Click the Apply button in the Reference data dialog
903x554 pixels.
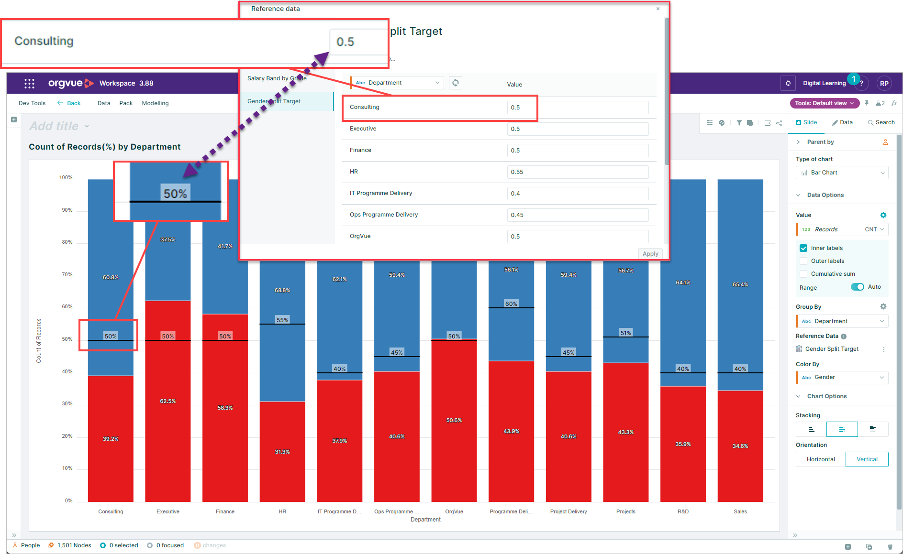click(650, 254)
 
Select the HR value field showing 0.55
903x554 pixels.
click(577, 172)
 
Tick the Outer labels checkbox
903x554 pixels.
click(803, 261)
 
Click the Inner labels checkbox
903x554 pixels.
click(803, 248)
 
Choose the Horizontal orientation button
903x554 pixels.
click(820, 459)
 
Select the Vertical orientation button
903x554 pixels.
click(867, 459)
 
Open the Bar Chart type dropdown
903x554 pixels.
click(842, 173)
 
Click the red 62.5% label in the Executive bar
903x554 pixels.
click(168, 401)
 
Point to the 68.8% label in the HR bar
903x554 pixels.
click(282, 290)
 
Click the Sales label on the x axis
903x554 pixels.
click(740, 511)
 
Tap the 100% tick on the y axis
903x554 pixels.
click(66, 178)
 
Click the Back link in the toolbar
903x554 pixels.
click(69, 103)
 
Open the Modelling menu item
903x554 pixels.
click(155, 103)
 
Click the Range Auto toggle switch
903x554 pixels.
click(857, 287)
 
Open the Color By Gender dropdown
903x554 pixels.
click(842, 378)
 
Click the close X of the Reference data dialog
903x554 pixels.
click(658, 9)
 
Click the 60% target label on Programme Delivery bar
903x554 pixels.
click(511, 304)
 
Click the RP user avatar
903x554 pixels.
click(884, 83)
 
